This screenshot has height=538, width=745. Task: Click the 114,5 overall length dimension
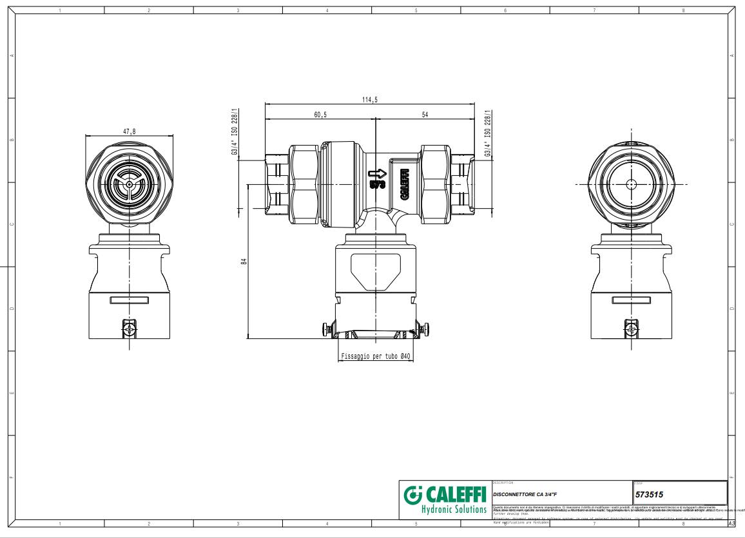click(x=370, y=99)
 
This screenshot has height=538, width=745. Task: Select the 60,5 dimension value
click(x=320, y=115)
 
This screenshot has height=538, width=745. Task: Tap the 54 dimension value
click(x=425, y=115)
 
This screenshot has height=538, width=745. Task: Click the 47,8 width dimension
click(x=130, y=131)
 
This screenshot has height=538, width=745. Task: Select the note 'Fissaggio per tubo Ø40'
click(x=376, y=356)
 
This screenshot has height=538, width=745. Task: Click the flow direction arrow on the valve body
click(x=376, y=173)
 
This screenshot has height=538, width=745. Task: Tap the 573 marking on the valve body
click(x=377, y=184)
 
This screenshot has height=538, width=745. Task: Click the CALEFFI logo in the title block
click(x=445, y=495)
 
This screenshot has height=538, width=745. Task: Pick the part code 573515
click(x=650, y=495)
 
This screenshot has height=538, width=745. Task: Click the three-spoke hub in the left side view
click(x=130, y=184)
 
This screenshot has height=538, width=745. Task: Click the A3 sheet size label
click(x=731, y=523)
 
